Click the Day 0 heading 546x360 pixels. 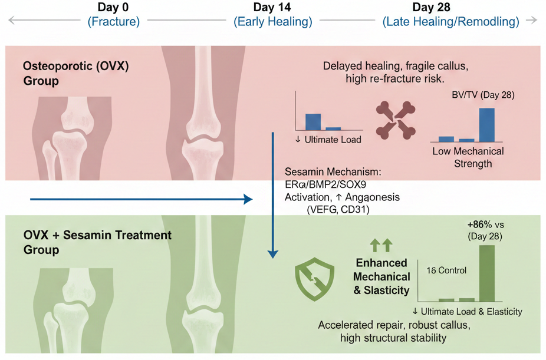click(x=113, y=8)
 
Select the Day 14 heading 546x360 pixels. click(x=272, y=8)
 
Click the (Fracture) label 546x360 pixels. click(x=113, y=22)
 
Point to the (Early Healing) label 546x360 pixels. click(x=273, y=22)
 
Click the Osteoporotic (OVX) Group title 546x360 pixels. click(x=75, y=73)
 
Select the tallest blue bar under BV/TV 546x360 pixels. click(x=486, y=125)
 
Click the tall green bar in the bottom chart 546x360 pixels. click(x=486, y=273)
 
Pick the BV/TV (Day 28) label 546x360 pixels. click(x=482, y=94)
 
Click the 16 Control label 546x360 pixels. click(x=446, y=270)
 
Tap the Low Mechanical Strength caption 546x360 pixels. click(x=468, y=157)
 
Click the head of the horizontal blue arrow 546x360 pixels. click(x=249, y=200)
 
